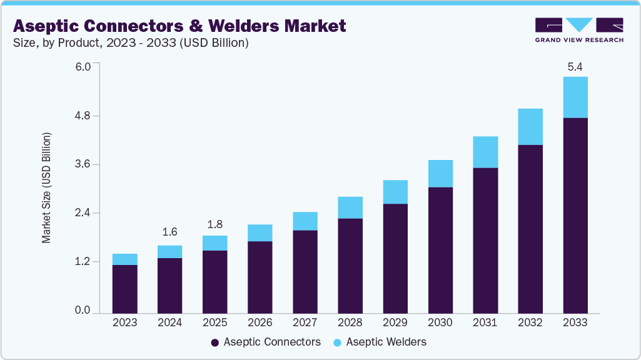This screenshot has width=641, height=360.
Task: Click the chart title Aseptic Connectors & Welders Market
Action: tap(179, 26)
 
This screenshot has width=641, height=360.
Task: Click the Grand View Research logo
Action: tap(579, 30)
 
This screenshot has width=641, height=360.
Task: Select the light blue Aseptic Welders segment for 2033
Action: tap(575, 97)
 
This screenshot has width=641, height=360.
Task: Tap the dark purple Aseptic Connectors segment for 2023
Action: tap(124, 288)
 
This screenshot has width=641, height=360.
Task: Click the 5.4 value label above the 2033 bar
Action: tap(575, 66)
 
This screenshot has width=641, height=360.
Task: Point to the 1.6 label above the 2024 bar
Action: tap(169, 232)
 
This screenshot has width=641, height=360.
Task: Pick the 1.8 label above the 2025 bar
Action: tap(215, 224)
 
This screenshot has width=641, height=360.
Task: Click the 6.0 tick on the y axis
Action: tap(83, 67)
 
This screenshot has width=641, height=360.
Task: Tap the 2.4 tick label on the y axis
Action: tap(83, 213)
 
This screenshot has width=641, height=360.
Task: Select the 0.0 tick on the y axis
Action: tap(83, 311)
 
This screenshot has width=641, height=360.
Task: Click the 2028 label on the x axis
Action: tap(350, 322)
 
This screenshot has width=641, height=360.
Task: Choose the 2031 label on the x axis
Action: tap(485, 322)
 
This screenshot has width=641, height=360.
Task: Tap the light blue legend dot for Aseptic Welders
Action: tap(337, 342)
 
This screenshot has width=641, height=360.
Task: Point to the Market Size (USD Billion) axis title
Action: tap(46, 187)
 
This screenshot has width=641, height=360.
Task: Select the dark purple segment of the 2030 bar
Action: tap(440, 249)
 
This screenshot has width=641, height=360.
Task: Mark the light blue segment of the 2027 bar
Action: tap(305, 221)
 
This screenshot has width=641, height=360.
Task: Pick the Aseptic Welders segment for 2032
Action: tap(530, 127)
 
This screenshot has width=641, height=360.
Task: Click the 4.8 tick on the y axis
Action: tap(83, 116)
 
